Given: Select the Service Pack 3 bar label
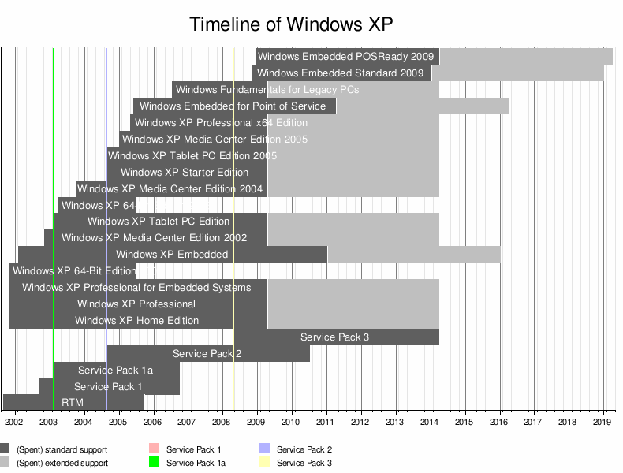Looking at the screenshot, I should tap(334, 337).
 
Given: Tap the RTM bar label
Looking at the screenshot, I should tap(73, 403).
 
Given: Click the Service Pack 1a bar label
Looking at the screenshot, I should tap(115, 371).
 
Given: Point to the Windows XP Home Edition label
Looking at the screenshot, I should tap(136, 321).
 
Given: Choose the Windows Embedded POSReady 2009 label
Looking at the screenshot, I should tap(346, 57).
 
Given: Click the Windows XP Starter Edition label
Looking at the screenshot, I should tap(185, 173).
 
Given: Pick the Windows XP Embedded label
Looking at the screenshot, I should tap(172, 255).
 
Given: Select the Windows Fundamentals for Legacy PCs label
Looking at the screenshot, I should tap(267, 90).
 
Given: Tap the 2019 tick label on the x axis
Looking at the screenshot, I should tap(603, 423).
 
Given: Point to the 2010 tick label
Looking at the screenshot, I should tap(292, 423).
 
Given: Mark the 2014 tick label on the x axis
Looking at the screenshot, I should tap(431, 423).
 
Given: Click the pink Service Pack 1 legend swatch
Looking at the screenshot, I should tap(155, 449).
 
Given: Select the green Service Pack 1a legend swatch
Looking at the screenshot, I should tap(155, 463).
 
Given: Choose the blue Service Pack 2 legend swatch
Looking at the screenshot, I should tap(265, 449).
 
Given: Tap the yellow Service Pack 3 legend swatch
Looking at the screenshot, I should tap(265, 463).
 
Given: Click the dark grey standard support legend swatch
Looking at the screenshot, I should tap(5, 449).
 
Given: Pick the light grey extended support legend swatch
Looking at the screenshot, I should tap(5, 463).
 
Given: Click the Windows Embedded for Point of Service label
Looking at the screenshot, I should tap(233, 106).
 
